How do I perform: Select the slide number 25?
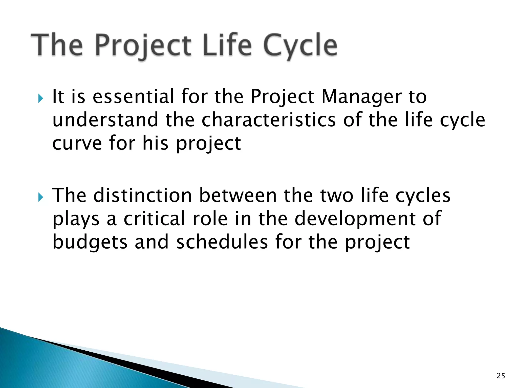click(501, 376)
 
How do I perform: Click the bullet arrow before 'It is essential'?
click(41, 98)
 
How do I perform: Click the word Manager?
click(361, 97)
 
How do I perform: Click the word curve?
click(77, 143)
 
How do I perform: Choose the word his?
click(155, 143)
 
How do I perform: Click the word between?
click(238, 196)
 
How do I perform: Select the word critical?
click(154, 219)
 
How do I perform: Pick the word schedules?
click(222, 242)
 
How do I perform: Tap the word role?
click(210, 219)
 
